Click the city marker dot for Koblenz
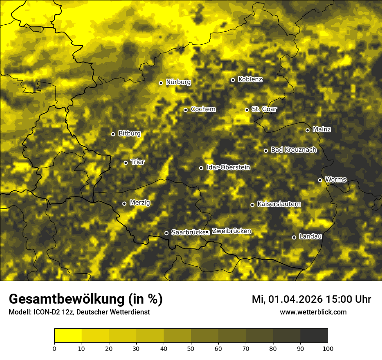pyautogui.click(x=233, y=80)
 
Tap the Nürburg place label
pyautogui.click(x=178, y=82)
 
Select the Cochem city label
pyautogui.click(x=203, y=109)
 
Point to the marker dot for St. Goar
pyautogui.click(x=247, y=110)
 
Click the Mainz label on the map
pyautogui.click(x=322, y=129)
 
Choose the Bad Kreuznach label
pyautogui.click(x=293, y=150)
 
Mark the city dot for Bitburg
pyautogui.click(x=113, y=134)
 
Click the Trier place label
pyautogui.click(x=138, y=162)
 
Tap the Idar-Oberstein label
pyautogui.click(x=228, y=167)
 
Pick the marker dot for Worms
pyautogui.click(x=320, y=180)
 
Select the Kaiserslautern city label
pyautogui.click(x=279, y=204)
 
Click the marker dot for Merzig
pyautogui.click(x=124, y=203)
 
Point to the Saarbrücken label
pyautogui.click(x=188, y=232)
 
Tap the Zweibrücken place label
pyautogui.click(x=231, y=231)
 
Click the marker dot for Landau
pyautogui.click(x=294, y=237)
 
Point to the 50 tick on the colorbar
pyautogui.click(x=191, y=348)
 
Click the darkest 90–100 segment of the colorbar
pyautogui.click(x=314, y=336)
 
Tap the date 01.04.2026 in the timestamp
pyautogui.click(x=293, y=299)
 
